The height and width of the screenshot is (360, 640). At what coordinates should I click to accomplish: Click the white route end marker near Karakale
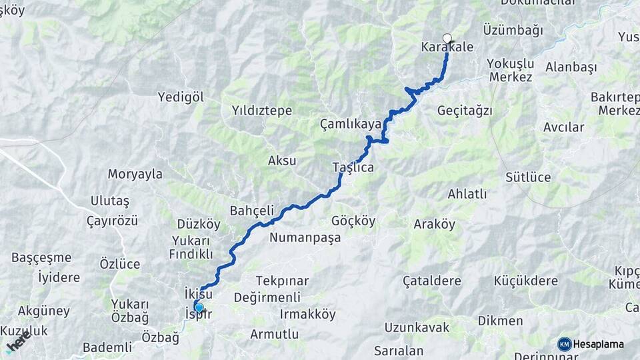tap(447, 38)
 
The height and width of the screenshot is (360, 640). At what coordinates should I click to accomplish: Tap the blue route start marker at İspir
tap(199, 307)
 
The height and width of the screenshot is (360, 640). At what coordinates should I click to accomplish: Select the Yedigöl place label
tap(180, 97)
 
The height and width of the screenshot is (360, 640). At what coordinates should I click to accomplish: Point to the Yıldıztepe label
tap(262, 111)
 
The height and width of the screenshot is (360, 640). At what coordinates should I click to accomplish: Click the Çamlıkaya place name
tap(351, 124)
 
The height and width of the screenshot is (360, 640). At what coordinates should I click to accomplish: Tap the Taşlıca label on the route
tap(353, 168)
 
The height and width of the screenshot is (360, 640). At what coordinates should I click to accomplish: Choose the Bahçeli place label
tap(252, 211)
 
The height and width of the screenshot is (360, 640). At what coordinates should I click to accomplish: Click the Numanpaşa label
tap(301, 237)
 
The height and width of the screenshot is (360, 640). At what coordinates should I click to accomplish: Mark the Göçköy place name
tap(353, 221)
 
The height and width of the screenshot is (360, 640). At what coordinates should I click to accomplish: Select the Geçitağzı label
tap(465, 111)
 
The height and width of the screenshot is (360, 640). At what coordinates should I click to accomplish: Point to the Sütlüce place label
tap(528, 177)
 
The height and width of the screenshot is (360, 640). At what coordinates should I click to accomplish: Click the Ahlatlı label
tap(467, 195)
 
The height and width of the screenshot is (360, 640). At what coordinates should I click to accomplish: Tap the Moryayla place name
tap(135, 175)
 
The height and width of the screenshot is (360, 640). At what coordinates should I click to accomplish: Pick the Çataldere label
tap(432, 281)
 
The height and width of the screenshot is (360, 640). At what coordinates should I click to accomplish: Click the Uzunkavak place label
tap(417, 327)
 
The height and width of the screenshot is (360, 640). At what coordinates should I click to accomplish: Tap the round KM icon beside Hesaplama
tap(565, 344)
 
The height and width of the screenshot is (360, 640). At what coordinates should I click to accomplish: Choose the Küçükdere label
tap(526, 281)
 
